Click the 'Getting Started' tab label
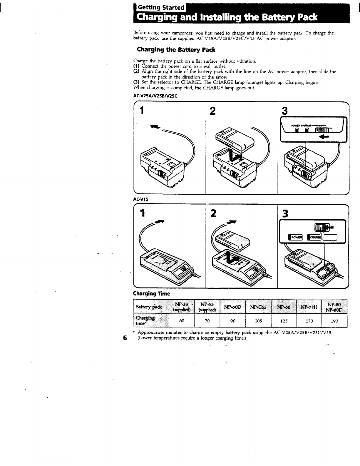click(161, 8)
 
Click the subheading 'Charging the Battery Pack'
click(176, 49)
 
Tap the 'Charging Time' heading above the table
click(152, 294)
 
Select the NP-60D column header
click(233, 307)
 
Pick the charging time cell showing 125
click(284, 321)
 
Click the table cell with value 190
click(334, 321)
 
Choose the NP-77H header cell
click(309, 307)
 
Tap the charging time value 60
click(182, 320)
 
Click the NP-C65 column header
click(258, 307)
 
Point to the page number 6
click(125, 338)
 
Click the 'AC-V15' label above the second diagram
click(140, 199)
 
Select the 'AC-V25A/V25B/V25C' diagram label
click(155, 96)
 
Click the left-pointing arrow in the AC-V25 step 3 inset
click(324, 137)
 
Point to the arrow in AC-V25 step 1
click(155, 127)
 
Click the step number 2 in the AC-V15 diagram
click(213, 213)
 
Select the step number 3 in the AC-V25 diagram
click(284, 111)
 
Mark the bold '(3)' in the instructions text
click(136, 82)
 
